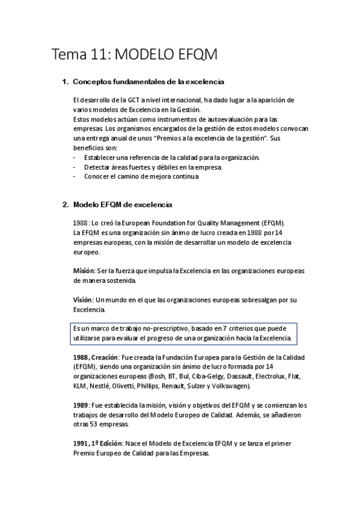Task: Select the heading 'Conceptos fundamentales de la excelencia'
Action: point(148,81)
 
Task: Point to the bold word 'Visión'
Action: point(82,300)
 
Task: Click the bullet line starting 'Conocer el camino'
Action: point(141,176)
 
